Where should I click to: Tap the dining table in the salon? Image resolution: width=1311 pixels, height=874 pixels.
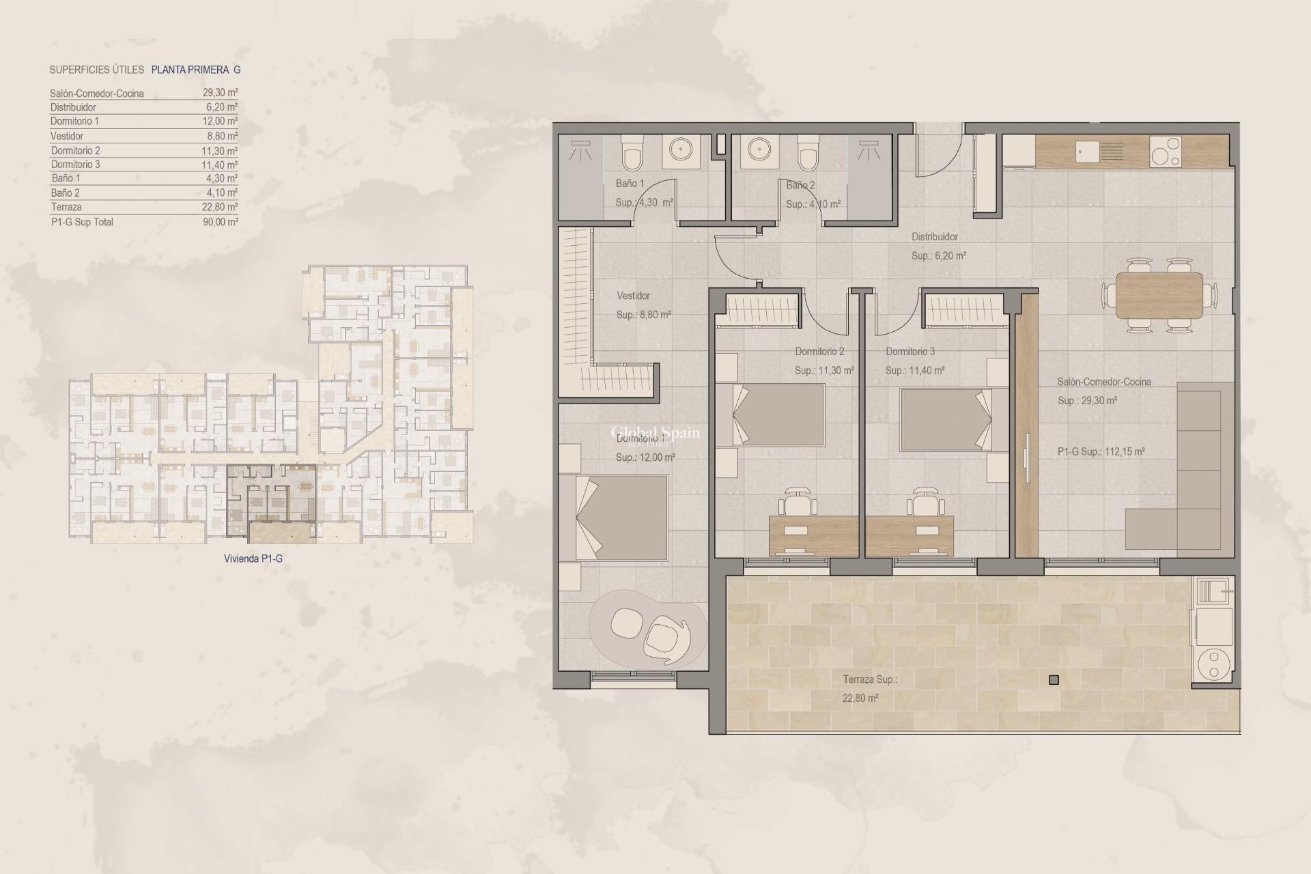1159,295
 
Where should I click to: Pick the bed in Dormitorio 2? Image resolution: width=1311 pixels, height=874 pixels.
779,417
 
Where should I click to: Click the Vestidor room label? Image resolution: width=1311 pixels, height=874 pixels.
633,296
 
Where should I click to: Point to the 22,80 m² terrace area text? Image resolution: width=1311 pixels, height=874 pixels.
860,699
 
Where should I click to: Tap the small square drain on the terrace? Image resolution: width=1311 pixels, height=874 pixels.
1054,679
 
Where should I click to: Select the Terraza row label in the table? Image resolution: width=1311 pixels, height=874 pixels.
66,207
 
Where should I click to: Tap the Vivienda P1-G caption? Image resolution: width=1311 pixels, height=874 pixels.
253,559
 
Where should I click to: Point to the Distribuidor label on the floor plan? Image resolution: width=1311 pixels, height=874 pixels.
934,237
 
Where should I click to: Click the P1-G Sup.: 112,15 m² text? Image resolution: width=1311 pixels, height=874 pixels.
1101,451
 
